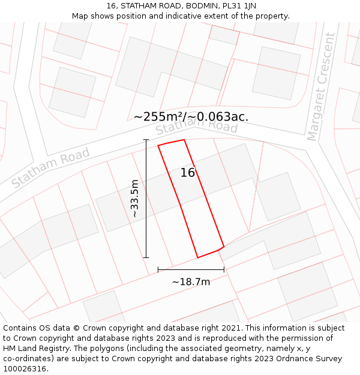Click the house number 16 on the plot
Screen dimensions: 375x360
coord(188,173)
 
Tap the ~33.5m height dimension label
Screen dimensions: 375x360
coord(135,199)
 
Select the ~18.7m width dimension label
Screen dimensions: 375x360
coord(191,281)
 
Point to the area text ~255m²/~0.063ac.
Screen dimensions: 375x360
coord(191,116)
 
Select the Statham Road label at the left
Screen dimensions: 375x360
coord(50,167)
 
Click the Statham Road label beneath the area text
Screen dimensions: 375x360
coord(197,127)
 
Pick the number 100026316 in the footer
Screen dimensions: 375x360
coord(25,368)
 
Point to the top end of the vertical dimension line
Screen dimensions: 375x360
coord(146,140)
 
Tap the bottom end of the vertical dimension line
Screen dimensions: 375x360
coord(146,257)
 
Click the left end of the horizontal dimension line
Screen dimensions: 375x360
coord(158,269)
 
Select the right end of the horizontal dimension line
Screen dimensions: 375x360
coord(224,269)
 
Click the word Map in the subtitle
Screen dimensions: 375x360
coord(80,16)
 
